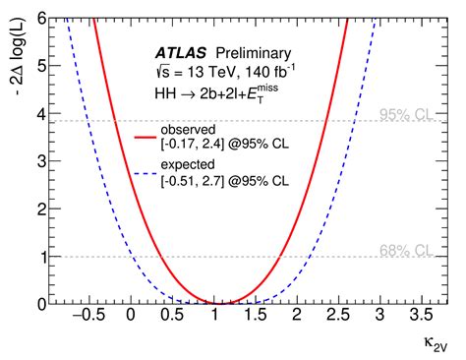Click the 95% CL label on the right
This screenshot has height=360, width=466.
tap(405, 114)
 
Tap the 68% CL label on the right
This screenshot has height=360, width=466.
tap(405, 249)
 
